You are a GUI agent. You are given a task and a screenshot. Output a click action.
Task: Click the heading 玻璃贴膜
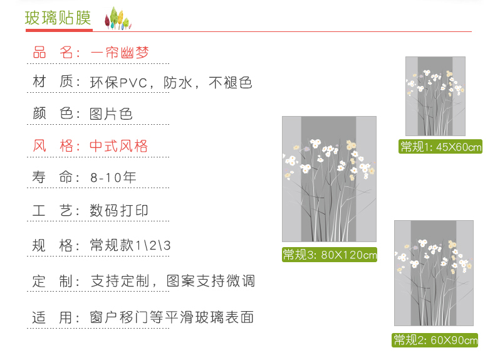click(x=58, y=18)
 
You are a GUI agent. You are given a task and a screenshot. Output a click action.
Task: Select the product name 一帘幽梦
click(x=120, y=53)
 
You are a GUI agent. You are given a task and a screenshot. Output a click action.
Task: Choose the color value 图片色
click(x=112, y=114)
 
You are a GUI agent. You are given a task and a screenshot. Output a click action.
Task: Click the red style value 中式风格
click(x=119, y=147)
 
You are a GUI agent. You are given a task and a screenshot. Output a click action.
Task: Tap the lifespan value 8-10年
click(x=113, y=177)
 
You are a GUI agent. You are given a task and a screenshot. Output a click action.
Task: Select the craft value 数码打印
click(x=120, y=211)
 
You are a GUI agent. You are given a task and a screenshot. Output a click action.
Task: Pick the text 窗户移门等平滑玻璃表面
click(x=172, y=317)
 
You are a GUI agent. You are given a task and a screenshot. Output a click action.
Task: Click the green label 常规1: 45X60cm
click(x=441, y=147)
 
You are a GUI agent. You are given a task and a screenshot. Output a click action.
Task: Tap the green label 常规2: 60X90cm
click(x=435, y=341)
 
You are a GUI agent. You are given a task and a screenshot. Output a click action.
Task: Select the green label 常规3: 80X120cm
click(x=329, y=255)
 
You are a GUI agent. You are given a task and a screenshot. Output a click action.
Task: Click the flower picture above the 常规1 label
click(x=435, y=96)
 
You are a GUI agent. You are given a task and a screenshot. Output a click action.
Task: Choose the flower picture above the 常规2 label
click(x=434, y=273)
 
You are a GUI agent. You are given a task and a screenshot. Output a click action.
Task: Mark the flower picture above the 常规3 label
click(x=329, y=179)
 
